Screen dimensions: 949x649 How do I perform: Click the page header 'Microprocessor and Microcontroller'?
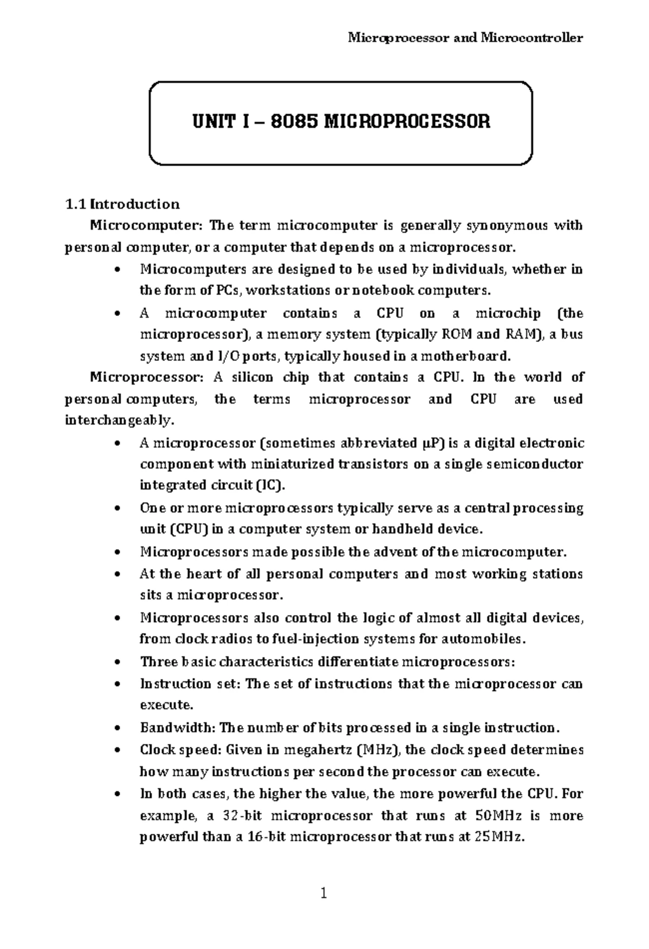pyautogui.click(x=465, y=38)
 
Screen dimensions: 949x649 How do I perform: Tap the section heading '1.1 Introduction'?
pyautogui.click(x=122, y=204)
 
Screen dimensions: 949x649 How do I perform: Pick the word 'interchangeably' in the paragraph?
pyautogui.click(x=118, y=420)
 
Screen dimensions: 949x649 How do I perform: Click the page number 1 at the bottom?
pyautogui.click(x=323, y=893)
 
